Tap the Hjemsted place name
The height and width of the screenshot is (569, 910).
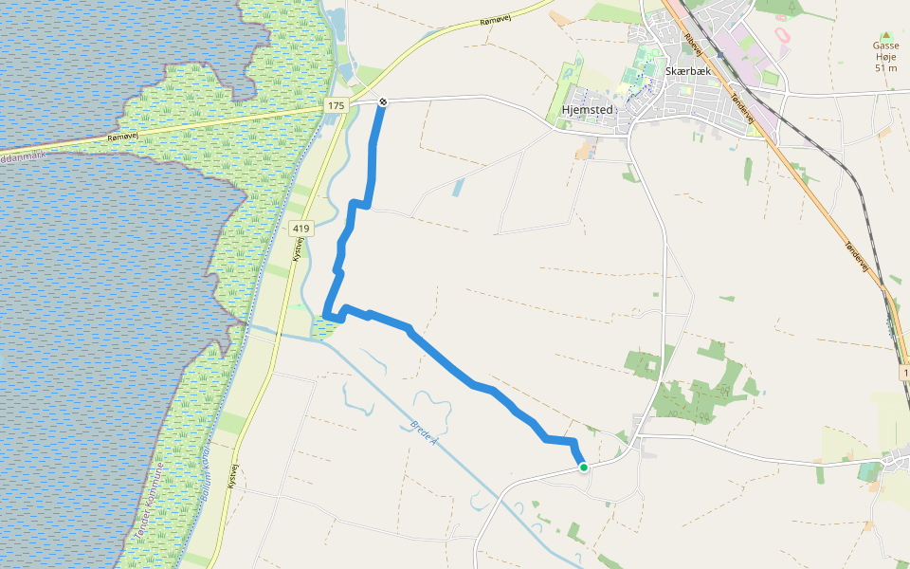pyautogui.click(x=589, y=109)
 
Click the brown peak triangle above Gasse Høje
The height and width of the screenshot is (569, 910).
pyautogui.click(x=885, y=34)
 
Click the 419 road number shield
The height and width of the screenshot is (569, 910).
pyautogui.click(x=301, y=229)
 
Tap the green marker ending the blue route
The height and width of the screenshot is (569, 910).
pyautogui.click(x=584, y=467)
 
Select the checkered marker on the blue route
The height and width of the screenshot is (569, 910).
pyautogui.click(x=382, y=101)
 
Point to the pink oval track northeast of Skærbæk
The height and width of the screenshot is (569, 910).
pyautogui.click(x=784, y=34)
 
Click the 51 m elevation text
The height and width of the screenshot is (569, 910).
pyautogui.click(x=885, y=67)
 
